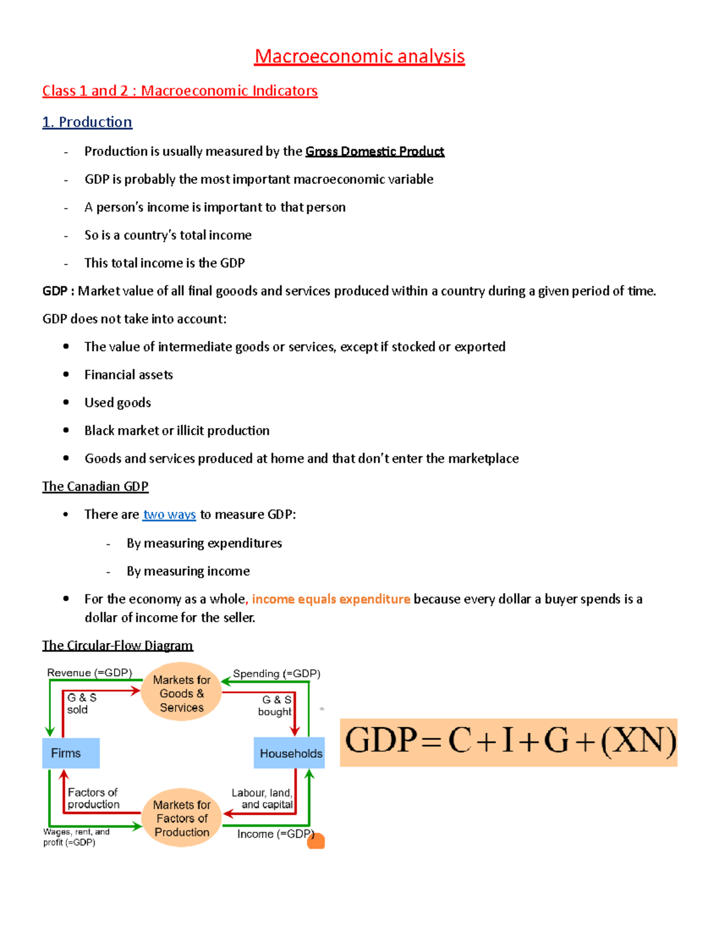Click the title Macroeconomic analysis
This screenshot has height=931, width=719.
click(x=359, y=56)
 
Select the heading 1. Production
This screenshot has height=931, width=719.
click(x=87, y=122)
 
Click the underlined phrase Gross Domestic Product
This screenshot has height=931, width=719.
click(x=374, y=151)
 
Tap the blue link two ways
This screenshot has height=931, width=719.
click(x=170, y=514)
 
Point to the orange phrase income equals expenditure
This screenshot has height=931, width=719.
click(x=331, y=599)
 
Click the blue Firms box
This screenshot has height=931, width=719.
click(x=71, y=753)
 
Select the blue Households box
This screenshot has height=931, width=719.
click(x=290, y=753)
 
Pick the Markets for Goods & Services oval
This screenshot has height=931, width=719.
click(x=182, y=693)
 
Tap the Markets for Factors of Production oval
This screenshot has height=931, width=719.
click(x=182, y=818)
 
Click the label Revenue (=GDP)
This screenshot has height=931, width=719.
click(x=89, y=673)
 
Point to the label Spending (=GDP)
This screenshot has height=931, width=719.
click(x=276, y=673)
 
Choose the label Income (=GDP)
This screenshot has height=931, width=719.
click(x=274, y=834)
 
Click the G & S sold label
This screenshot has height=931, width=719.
click(x=81, y=703)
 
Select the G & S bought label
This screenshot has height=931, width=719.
click(x=275, y=706)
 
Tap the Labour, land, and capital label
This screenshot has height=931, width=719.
click(x=262, y=799)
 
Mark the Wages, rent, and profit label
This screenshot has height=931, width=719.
click(x=76, y=837)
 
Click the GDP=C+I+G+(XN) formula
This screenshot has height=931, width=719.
click(x=509, y=742)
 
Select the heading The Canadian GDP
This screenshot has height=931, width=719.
click(x=95, y=486)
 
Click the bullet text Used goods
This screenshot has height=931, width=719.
click(x=117, y=402)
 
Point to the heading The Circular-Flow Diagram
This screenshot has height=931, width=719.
click(x=117, y=645)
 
